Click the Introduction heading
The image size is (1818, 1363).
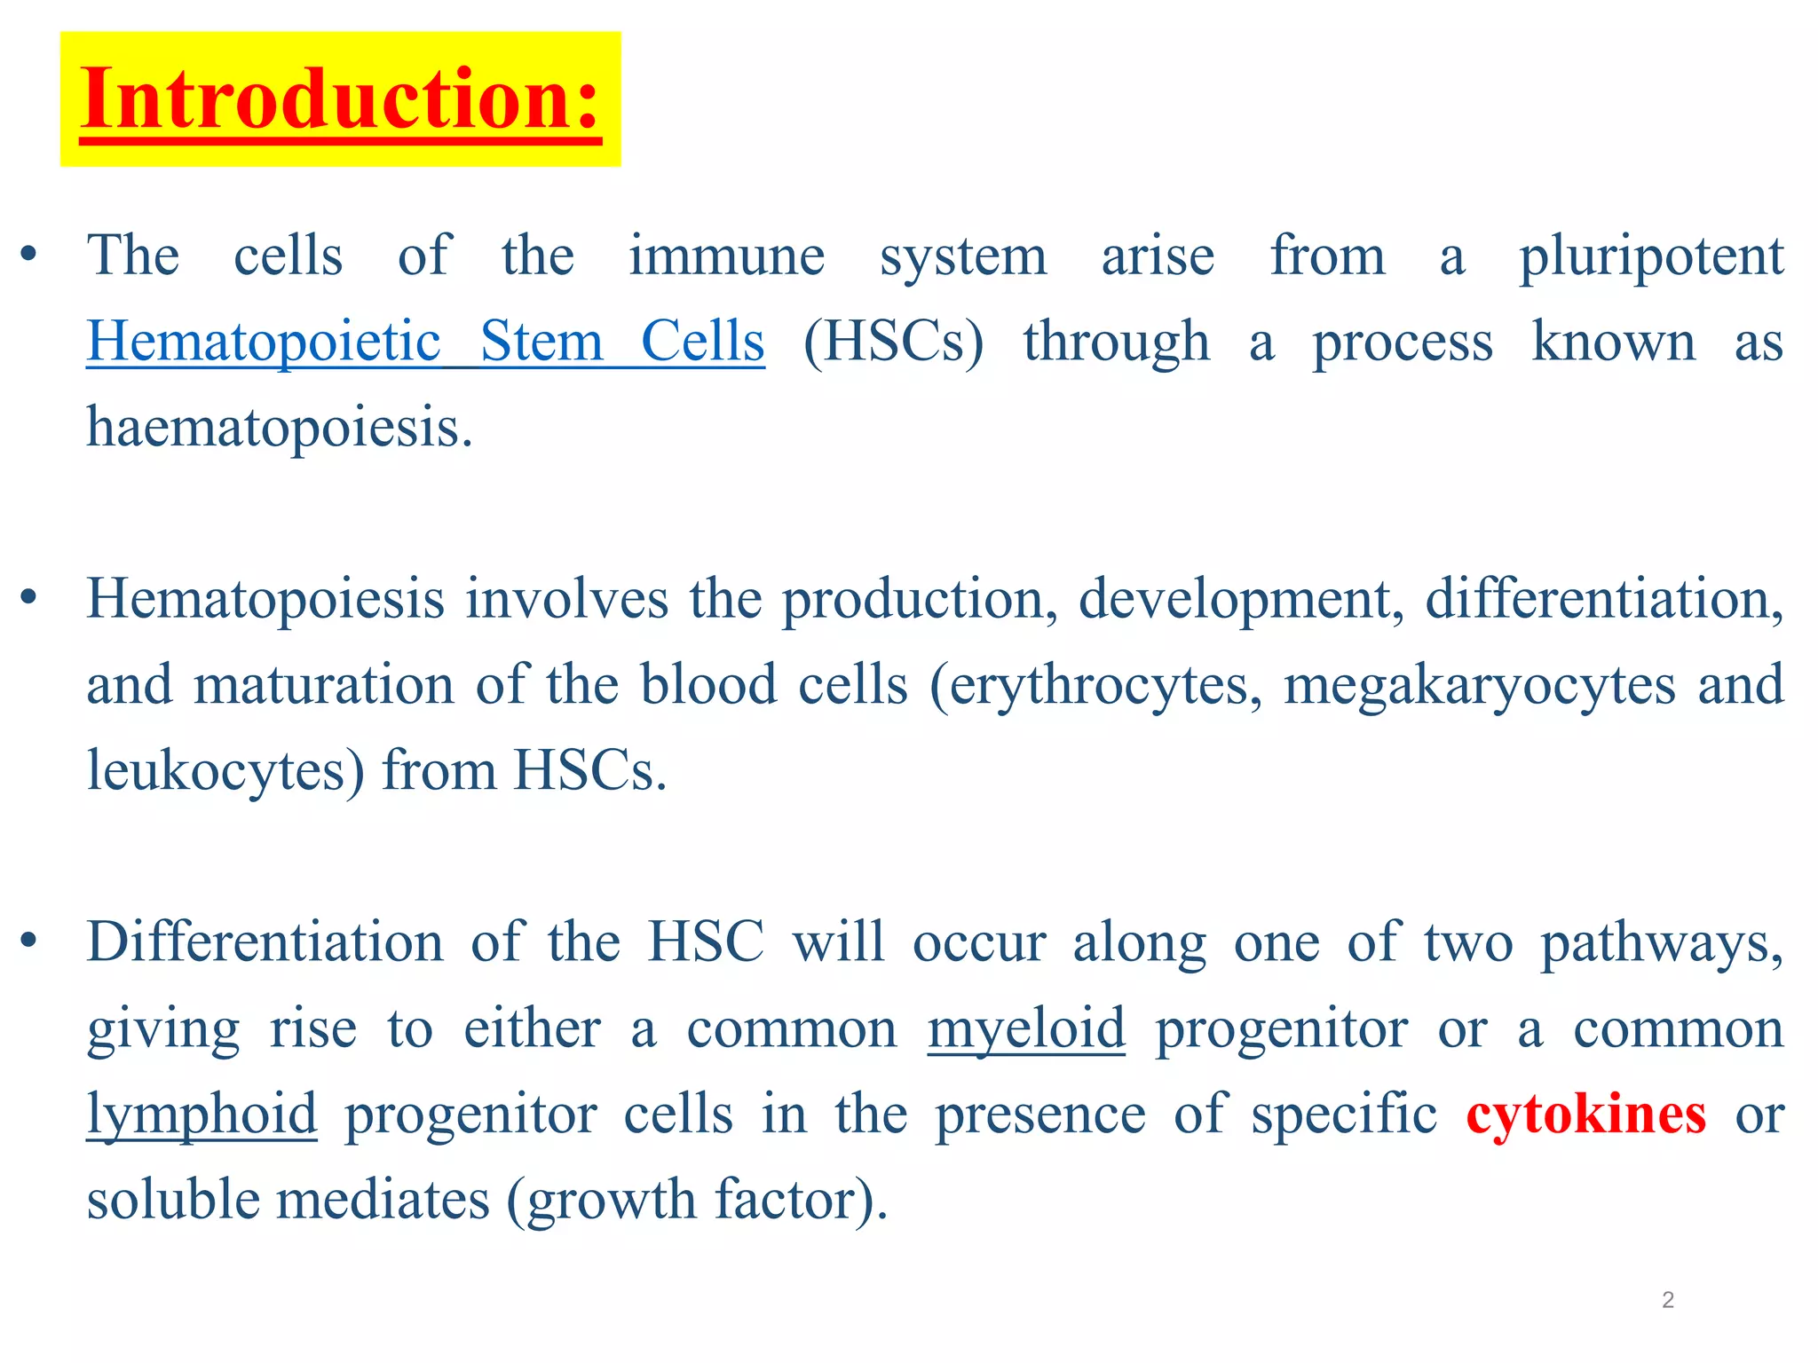coord(341,99)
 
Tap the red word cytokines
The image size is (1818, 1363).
coord(1585,1115)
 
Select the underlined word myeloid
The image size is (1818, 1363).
coord(1026,1029)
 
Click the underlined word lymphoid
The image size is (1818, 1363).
coord(202,1115)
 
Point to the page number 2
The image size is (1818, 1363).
coord(1668,1300)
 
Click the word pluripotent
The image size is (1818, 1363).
coord(1651,257)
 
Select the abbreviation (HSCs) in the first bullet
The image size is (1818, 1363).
coord(893,343)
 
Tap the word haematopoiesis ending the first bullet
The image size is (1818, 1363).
coord(279,428)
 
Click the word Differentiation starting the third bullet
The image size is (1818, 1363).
coord(265,942)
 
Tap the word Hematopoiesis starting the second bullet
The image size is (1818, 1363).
coord(265,600)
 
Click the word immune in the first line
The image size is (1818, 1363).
coord(727,257)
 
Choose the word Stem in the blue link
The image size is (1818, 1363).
coord(541,343)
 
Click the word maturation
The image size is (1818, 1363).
coord(324,686)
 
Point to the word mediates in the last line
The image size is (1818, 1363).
coord(383,1200)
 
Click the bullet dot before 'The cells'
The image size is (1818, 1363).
coord(29,256)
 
